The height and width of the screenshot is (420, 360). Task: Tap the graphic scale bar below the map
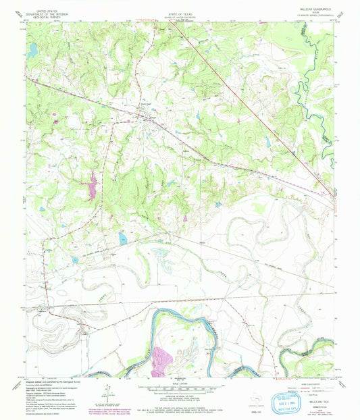click(x=179, y=388)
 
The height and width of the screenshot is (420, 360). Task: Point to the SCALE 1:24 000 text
click(x=179, y=383)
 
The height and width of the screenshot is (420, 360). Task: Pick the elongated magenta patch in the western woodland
click(x=92, y=186)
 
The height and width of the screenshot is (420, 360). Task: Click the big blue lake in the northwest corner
click(x=32, y=50)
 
